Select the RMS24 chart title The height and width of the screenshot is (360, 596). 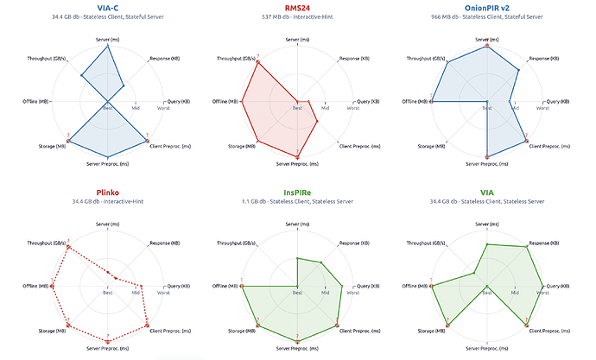[297, 7]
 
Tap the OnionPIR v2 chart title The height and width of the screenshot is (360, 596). [486, 7]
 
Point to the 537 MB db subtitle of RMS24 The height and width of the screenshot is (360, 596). [297, 16]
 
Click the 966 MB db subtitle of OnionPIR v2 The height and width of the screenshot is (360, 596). [486, 16]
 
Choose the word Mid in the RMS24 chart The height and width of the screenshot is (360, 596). [325, 108]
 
